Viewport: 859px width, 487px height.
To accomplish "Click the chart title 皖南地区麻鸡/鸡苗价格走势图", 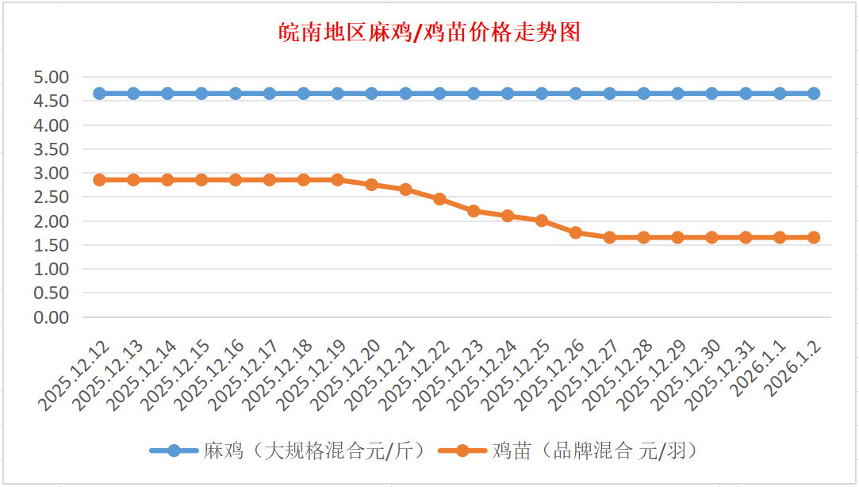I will coord(429,33).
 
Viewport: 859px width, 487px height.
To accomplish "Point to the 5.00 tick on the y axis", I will coord(52,77).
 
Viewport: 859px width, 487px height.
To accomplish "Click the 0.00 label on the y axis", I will coord(52,317).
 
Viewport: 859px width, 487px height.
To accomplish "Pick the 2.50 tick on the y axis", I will coord(52,197).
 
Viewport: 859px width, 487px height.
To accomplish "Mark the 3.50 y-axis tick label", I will coord(52,149).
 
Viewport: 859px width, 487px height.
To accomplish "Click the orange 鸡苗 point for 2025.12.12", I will coord(100,180).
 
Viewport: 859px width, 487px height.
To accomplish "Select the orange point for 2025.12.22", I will coord(439,199).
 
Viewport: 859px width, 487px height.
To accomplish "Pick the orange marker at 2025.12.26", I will coord(576,232).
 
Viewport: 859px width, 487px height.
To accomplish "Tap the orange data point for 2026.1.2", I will coord(814,237).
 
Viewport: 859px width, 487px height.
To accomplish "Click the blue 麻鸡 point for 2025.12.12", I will coord(100,94).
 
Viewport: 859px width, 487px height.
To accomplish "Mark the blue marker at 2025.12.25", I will coord(542,94).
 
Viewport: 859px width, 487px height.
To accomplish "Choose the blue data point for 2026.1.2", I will coord(814,94).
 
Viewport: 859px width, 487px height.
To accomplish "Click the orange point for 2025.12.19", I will coord(338,180).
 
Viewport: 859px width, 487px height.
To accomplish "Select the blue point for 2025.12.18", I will coord(304,94).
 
